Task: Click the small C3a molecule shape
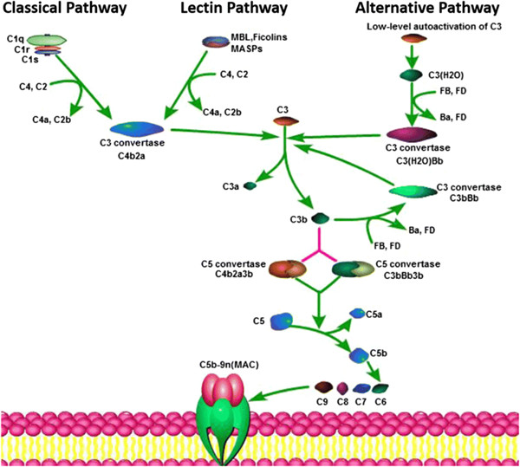pos(249,185)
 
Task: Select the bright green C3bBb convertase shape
pos(411,189)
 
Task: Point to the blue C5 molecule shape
pos(280,321)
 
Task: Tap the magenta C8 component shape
pos(342,387)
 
